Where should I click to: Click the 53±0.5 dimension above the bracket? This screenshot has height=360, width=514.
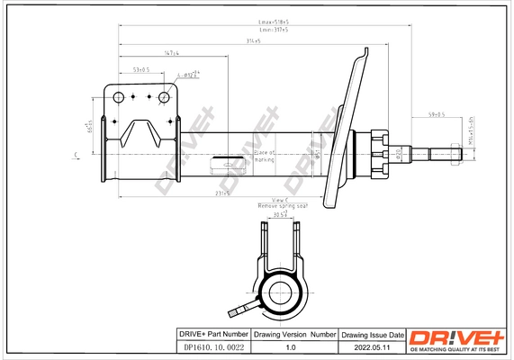click(x=140, y=68)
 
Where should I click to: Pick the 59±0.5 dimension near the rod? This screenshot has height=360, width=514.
click(x=437, y=115)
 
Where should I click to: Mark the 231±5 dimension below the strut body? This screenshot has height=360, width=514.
click(x=222, y=193)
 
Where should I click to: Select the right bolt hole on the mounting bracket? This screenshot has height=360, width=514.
click(x=165, y=97)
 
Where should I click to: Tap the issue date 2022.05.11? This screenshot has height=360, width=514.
click(x=371, y=346)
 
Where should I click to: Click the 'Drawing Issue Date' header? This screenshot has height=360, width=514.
click(x=371, y=333)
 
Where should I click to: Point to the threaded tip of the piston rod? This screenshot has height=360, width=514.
click(x=455, y=155)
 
